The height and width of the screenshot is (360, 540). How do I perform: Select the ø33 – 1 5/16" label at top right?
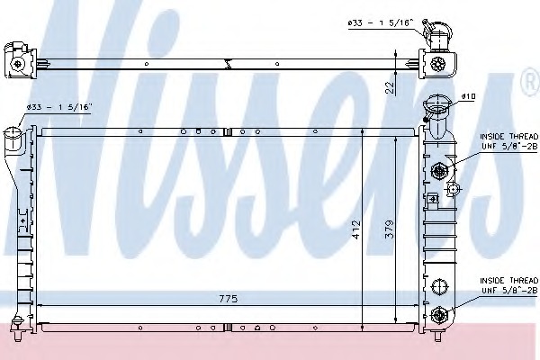(378, 22)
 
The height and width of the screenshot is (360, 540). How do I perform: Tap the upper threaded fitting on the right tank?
(440, 170)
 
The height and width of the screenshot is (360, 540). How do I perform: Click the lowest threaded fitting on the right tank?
(439, 314)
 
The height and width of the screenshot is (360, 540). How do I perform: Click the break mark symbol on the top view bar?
(232, 63)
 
